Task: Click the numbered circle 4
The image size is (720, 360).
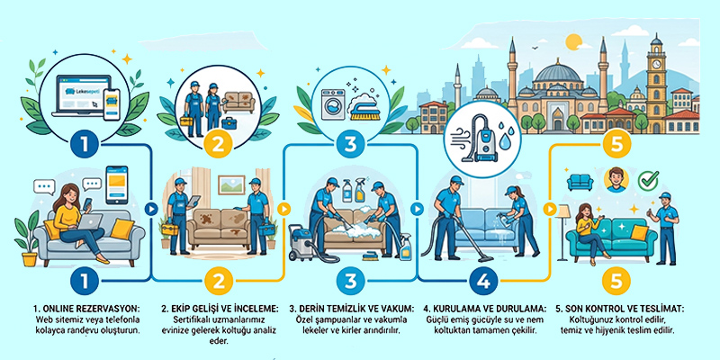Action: (x=482, y=281)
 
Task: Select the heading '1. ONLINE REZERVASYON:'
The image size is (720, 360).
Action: (x=87, y=308)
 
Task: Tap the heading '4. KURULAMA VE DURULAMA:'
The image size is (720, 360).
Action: (x=485, y=308)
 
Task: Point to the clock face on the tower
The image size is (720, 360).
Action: (x=656, y=63)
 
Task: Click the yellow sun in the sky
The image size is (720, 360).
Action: (x=573, y=42)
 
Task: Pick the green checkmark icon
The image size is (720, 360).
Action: (x=648, y=181)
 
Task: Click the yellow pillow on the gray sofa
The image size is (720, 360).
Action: (x=122, y=229)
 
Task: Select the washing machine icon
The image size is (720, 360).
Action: (x=334, y=105)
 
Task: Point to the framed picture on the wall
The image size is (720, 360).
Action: (x=231, y=184)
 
